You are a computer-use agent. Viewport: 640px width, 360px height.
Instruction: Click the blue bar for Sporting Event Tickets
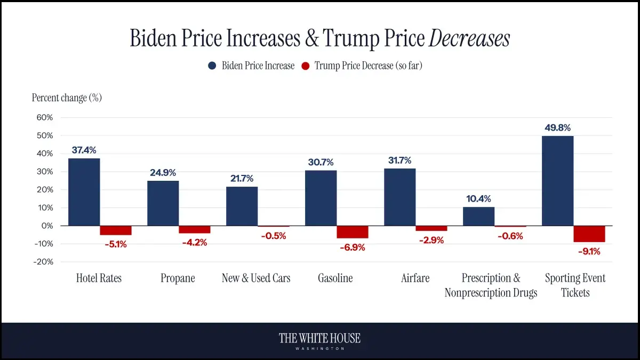557,181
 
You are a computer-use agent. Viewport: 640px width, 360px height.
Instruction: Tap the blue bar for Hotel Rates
84,192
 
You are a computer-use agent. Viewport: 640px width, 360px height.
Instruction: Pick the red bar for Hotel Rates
116,230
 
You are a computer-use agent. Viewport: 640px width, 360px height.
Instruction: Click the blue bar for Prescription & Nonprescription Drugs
478,217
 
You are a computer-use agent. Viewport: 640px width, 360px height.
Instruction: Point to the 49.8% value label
557,128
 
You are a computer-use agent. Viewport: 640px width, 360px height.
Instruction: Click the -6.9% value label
352,247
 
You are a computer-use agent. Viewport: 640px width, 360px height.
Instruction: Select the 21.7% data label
242,179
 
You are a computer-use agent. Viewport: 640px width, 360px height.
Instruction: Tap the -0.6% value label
510,236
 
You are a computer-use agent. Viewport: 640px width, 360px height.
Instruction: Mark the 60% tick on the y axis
45,117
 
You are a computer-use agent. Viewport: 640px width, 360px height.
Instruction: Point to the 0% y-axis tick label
47,226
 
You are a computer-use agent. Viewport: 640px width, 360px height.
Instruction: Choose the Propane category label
178,278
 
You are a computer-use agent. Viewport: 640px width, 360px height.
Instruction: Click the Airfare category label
415,278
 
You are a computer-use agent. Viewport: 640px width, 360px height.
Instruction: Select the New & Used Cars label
256,278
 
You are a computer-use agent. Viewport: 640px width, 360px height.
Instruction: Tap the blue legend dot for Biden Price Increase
212,66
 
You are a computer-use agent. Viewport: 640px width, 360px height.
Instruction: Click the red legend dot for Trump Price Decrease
305,66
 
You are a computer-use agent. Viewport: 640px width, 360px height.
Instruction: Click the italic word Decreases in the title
469,38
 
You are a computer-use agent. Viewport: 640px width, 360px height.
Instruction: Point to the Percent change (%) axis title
67,98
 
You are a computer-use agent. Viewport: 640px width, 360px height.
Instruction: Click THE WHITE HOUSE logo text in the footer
320,338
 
